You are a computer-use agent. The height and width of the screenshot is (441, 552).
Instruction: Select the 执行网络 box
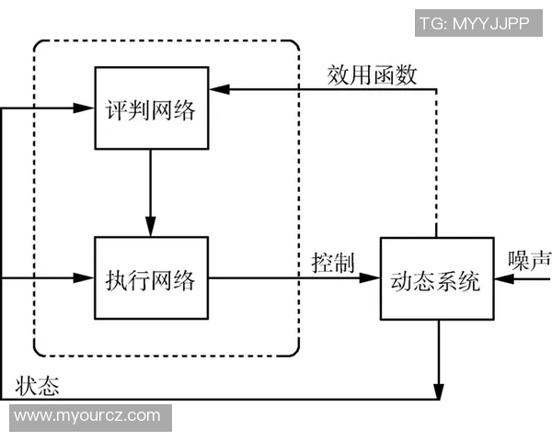[151, 277]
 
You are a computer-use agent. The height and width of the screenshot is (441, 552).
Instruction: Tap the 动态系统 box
[436, 277]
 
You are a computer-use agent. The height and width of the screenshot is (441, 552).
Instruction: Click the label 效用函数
[373, 75]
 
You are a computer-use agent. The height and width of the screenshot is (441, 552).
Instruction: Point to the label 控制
[332, 262]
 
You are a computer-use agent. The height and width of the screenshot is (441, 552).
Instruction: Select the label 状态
[38, 386]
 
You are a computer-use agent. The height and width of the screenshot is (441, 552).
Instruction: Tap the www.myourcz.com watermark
[86, 416]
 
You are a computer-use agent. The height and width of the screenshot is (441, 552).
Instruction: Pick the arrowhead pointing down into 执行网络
[151, 227]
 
